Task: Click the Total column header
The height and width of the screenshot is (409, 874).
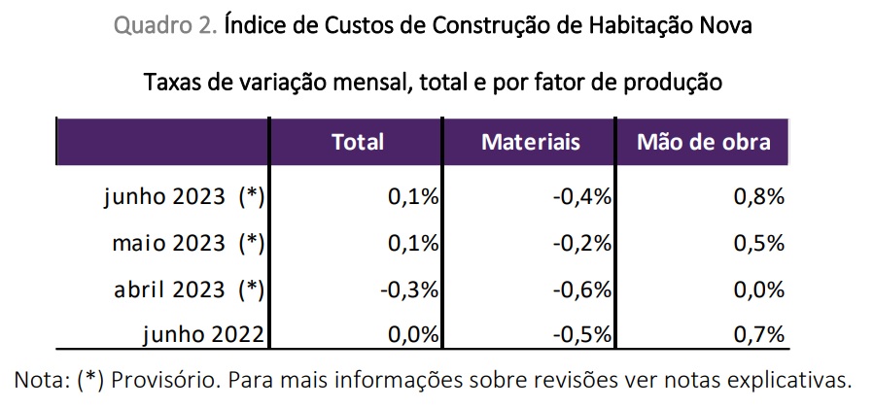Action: [358, 142]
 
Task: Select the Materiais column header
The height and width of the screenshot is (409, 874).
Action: [530, 142]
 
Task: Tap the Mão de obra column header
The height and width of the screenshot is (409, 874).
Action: [703, 142]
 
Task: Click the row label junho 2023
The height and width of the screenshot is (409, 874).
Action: [184, 197]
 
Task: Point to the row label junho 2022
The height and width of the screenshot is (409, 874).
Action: [203, 334]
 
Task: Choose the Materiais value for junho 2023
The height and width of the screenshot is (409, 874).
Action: [580, 197]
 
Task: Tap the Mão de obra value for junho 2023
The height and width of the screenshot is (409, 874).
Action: [758, 197]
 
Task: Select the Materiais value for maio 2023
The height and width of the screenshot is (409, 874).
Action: [580, 243]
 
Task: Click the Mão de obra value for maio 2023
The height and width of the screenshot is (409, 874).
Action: [758, 243]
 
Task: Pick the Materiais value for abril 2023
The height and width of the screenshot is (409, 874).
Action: [580, 289]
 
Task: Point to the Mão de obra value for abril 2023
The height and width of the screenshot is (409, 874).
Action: [758, 289]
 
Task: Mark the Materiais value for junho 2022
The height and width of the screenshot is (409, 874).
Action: [580, 334]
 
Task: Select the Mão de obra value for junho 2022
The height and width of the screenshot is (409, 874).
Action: [758, 334]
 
